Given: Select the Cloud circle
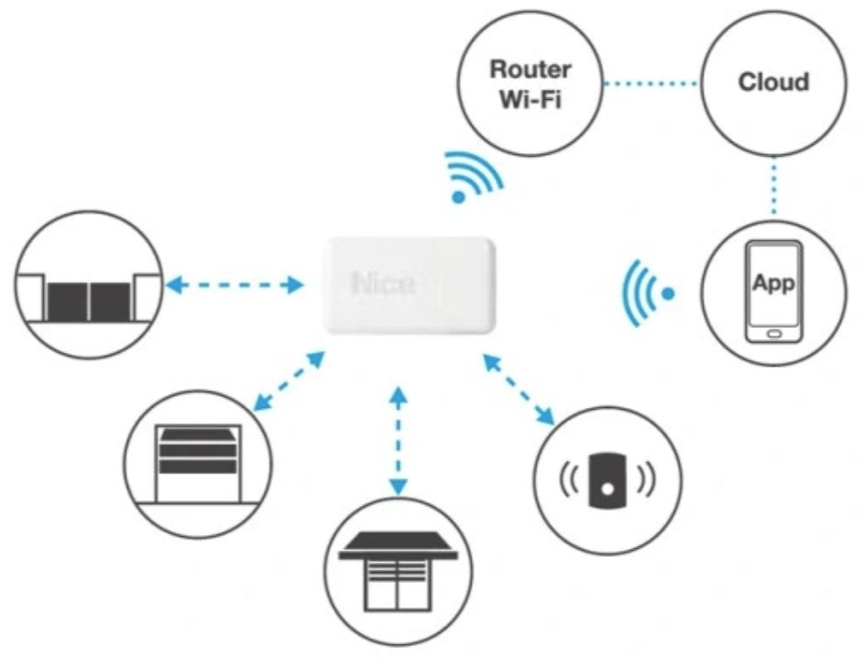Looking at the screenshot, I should point(774,82).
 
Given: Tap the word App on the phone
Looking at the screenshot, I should point(774,282).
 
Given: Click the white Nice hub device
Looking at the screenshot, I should point(409,285).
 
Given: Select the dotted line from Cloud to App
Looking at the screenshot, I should point(774,187).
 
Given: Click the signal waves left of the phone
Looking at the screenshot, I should point(645,293).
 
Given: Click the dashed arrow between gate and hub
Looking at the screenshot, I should point(235,286).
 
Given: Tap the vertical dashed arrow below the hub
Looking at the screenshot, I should point(398,441).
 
